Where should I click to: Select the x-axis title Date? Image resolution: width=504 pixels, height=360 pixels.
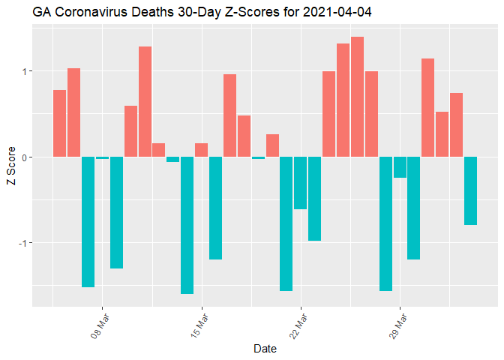[265, 348]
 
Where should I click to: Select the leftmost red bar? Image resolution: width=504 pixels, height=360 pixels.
[59, 123]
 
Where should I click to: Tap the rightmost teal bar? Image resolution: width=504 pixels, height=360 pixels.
[470, 190]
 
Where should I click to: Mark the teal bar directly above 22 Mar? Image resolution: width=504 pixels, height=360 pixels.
[300, 183]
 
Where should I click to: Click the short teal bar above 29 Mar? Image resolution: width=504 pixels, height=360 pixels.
[400, 167]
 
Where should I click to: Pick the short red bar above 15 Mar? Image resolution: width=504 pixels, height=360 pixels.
[201, 150]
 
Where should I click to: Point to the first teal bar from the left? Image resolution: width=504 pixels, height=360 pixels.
[88, 221]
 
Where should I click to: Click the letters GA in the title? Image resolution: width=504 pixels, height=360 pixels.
[41, 12]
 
